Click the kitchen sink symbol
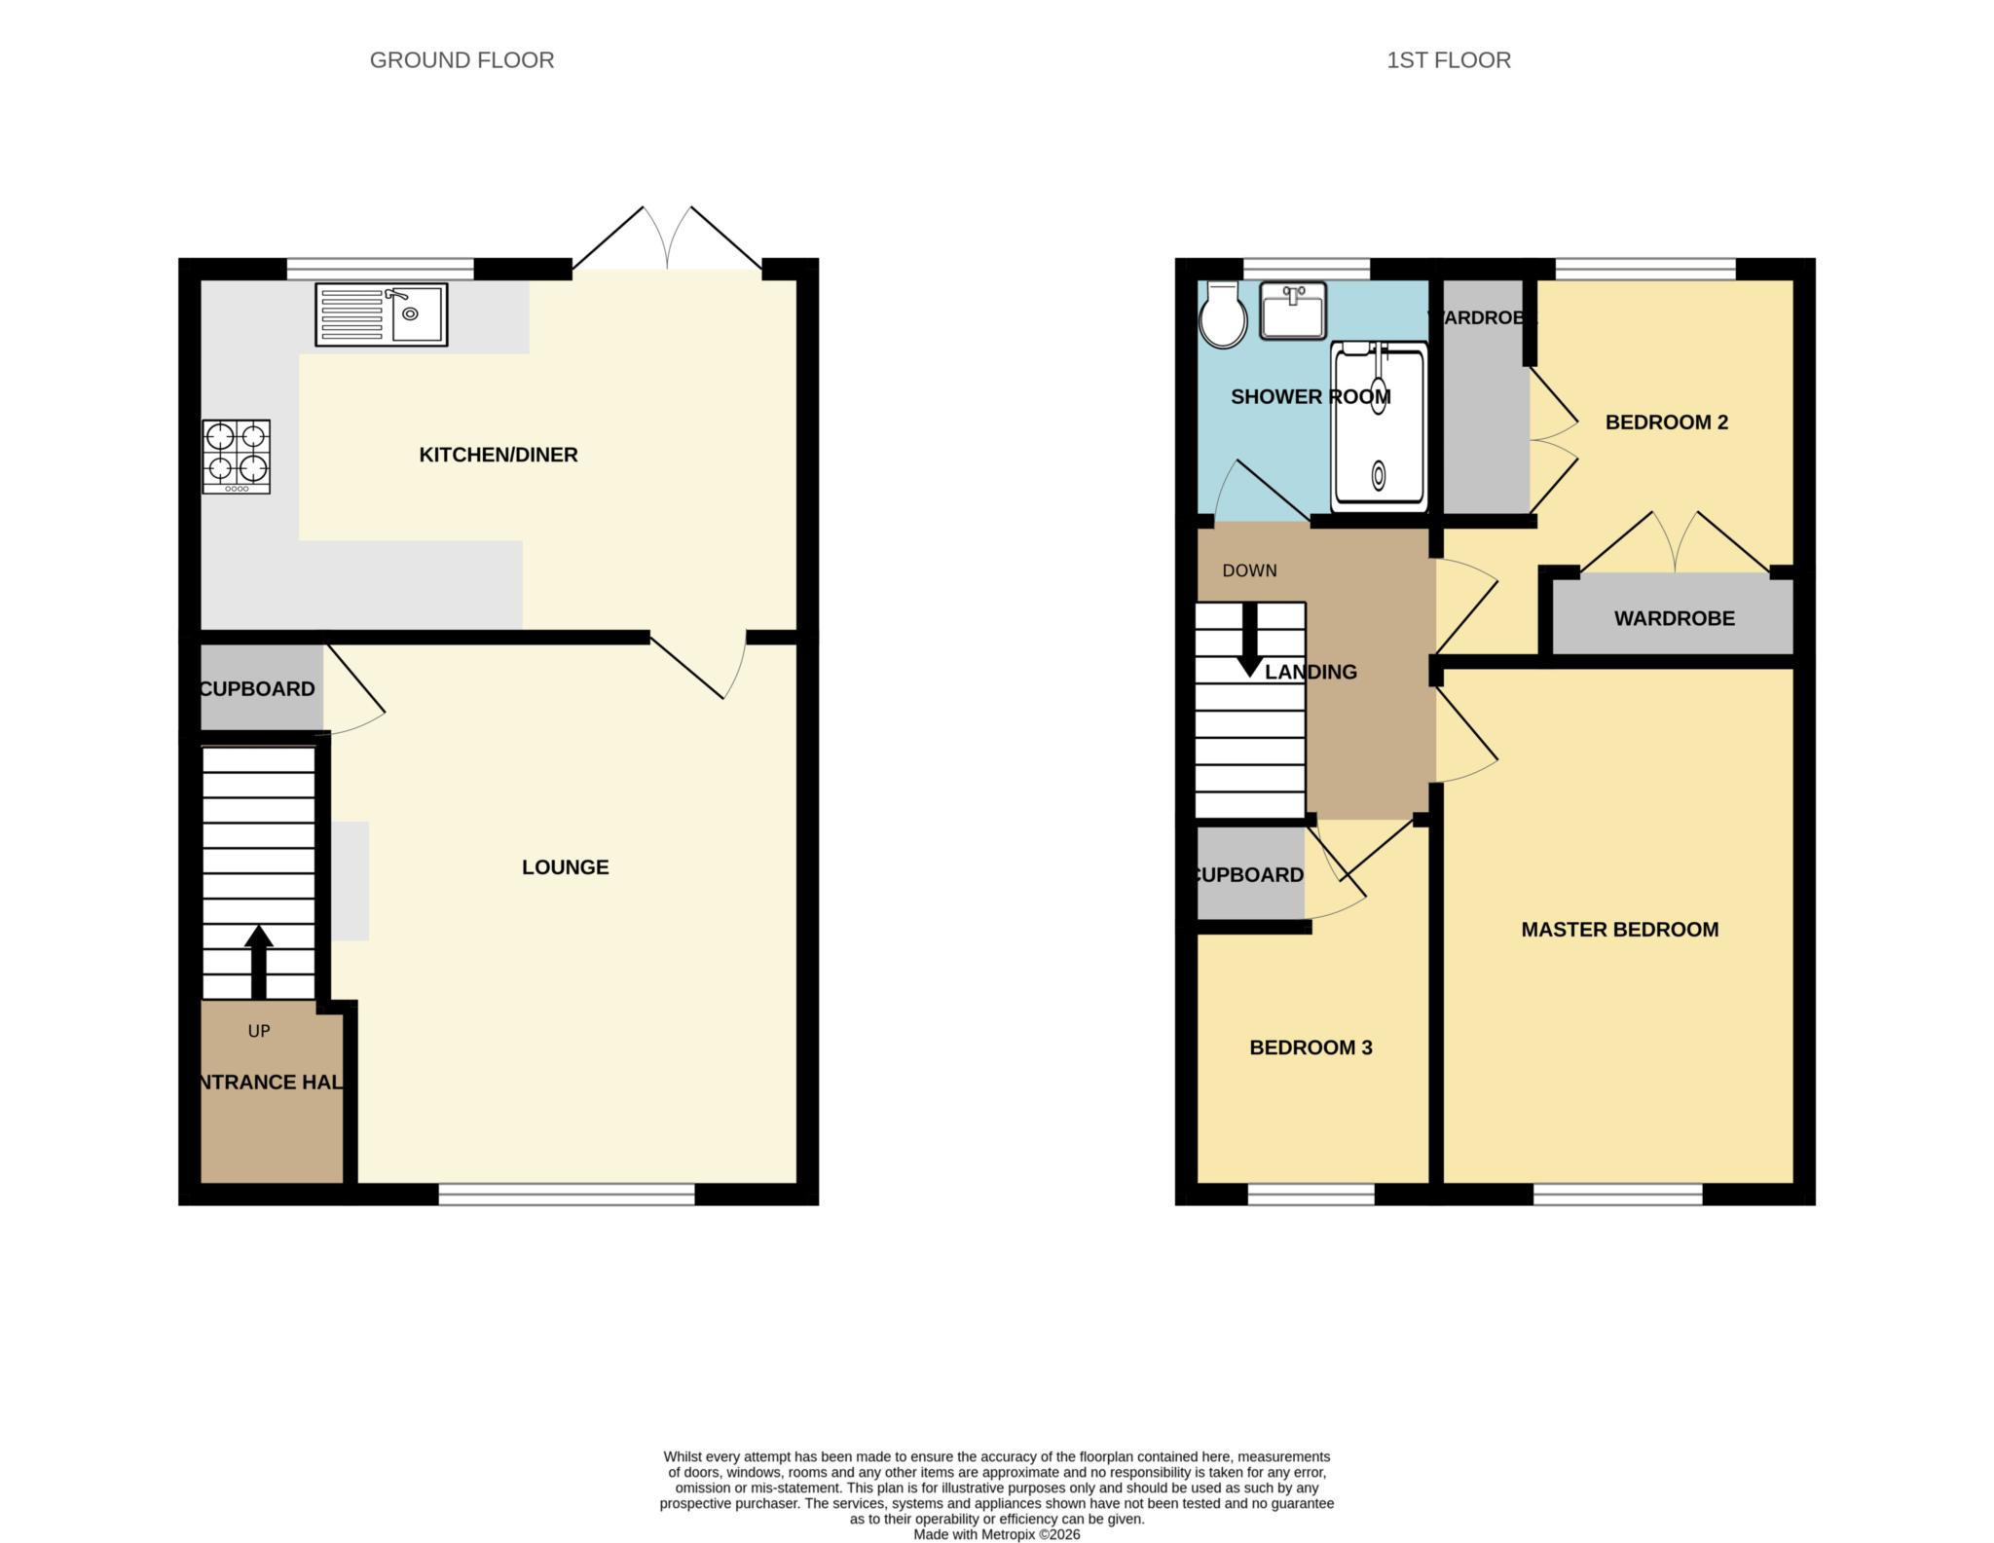coord(382,314)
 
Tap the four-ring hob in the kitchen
coord(237,457)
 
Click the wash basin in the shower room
coord(1293,311)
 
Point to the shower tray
coord(1378,427)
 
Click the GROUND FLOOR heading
coord(462,60)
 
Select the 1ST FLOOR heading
coord(1448,60)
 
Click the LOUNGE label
coord(565,867)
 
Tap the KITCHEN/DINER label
coord(498,455)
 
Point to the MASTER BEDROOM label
coord(1619,930)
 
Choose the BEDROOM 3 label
coord(1311,1047)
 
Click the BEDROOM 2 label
coord(1666,422)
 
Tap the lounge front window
coord(567,1194)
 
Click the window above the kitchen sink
coord(380,268)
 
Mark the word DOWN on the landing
coord(1249,570)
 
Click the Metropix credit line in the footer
coord(996,1534)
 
